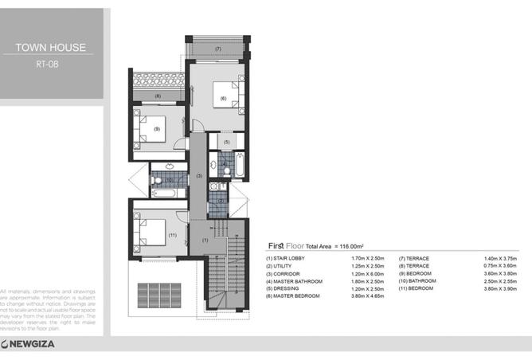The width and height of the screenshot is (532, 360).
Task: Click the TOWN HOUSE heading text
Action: tap(51, 48)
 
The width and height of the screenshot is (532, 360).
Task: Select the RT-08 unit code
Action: tap(51, 66)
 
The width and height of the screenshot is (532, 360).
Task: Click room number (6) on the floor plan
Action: tap(223, 98)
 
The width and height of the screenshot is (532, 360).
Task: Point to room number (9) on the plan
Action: tap(157, 129)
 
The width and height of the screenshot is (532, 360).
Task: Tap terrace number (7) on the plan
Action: tap(217, 49)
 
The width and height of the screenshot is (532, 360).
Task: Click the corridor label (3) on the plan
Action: tap(200, 174)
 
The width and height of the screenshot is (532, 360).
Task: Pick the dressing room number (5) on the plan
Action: tap(226, 142)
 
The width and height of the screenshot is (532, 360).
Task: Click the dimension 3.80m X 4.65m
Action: tap(368, 295)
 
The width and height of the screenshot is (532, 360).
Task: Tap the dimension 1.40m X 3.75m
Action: tap(500, 258)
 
